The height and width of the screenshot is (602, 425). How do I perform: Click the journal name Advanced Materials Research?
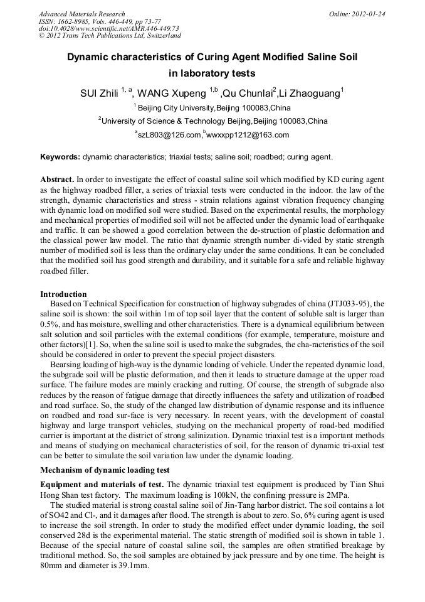pos(81,13)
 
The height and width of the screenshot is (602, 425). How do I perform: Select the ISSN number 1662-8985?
pos(79,21)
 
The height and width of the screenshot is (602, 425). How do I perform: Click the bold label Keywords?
pos(60,156)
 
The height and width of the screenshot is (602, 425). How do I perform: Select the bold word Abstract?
pos(58,179)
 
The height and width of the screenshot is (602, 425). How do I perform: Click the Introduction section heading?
pos(63,294)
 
